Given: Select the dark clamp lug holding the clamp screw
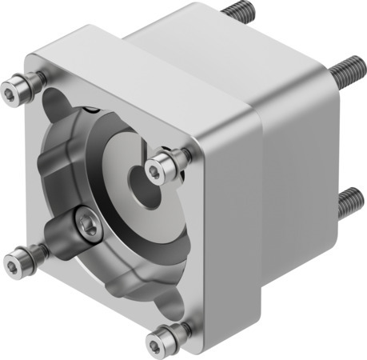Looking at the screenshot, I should [x=68, y=232].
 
